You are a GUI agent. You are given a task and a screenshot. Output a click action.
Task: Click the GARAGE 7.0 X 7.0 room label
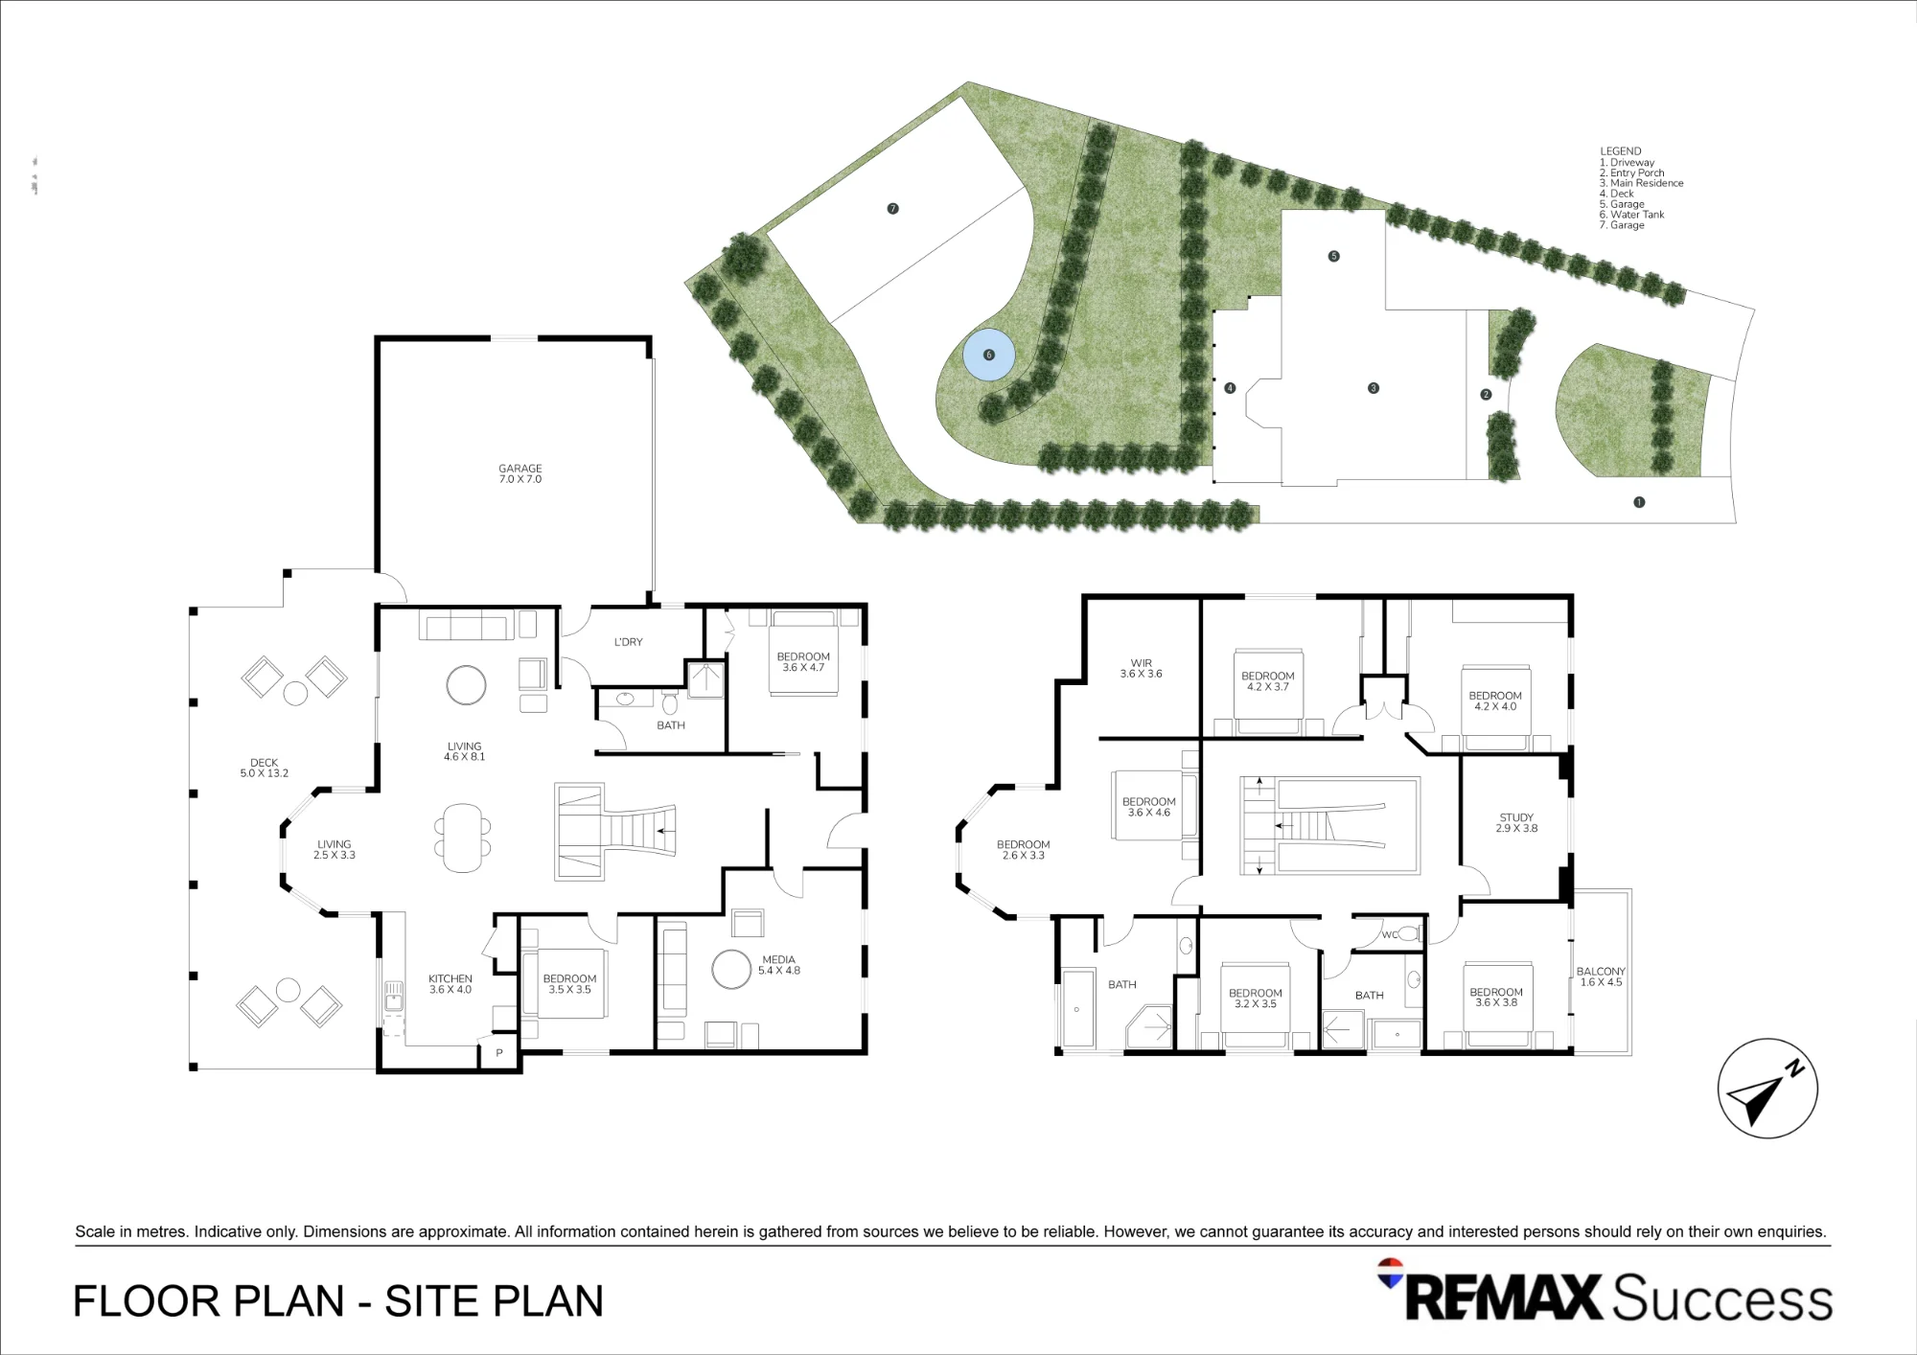tap(520, 473)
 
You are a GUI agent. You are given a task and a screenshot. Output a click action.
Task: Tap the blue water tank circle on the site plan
tap(989, 355)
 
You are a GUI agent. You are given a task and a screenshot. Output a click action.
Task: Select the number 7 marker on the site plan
tap(892, 209)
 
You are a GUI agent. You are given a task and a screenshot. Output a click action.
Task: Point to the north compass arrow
tap(1764, 1091)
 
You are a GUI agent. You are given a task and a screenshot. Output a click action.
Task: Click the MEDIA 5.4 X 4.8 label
tap(778, 965)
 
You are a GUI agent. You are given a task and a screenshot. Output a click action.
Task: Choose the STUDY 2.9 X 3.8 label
tap(1516, 823)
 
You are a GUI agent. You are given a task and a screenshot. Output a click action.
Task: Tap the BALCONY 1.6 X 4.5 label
tap(1601, 976)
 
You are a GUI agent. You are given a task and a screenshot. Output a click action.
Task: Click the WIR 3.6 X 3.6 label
tap(1141, 668)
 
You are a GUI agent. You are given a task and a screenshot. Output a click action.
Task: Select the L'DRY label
tap(629, 642)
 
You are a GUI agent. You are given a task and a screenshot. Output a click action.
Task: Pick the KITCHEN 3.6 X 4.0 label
tap(450, 984)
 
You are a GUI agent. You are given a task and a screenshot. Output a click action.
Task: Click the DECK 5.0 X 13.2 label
tap(264, 768)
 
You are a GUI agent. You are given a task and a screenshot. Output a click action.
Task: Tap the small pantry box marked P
tap(498, 1053)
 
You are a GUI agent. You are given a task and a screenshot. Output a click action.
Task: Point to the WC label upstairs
tap(1389, 934)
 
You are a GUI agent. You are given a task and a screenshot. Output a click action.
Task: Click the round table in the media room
tap(732, 969)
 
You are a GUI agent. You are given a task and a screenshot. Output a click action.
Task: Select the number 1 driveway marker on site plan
tap(1639, 502)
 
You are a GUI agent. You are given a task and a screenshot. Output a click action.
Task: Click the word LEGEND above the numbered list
tap(1621, 151)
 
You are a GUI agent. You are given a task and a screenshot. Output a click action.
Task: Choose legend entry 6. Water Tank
tap(1631, 215)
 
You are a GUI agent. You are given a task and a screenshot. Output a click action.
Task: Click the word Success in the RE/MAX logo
tap(1721, 1298)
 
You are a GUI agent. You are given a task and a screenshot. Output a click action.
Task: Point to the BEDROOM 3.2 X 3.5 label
tap(1255, 999)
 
